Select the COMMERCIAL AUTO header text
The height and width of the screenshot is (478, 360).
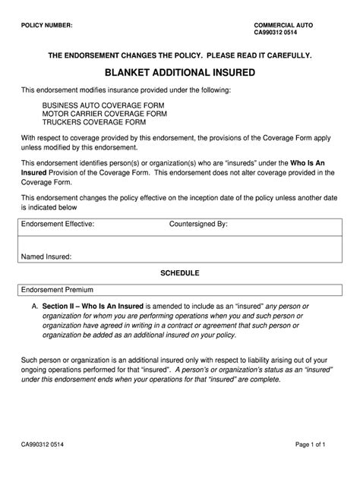pyautogui.click(x=283, y=24)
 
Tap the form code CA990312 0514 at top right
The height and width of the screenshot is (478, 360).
pyautogui.click(x=278, y=33)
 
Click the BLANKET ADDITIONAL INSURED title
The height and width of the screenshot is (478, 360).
pyautogui.click(x=179, y=73)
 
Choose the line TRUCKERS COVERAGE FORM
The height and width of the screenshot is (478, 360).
pyautogui.click(x=84, y=124)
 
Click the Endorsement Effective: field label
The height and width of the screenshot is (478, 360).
pyautogui.click(x=58, y=225)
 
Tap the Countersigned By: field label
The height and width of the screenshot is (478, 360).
pyautogui.click(x=198, y=225)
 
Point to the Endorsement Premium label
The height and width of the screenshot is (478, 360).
pyautogui.click(x=55, y=290)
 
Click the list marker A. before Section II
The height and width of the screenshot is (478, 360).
pyautogui.click(x=35, y=306)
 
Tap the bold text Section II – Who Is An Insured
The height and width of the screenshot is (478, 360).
pyautogui.click(x=94, y=306)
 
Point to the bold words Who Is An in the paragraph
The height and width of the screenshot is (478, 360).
pyautogui.click(x=312, y=163)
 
